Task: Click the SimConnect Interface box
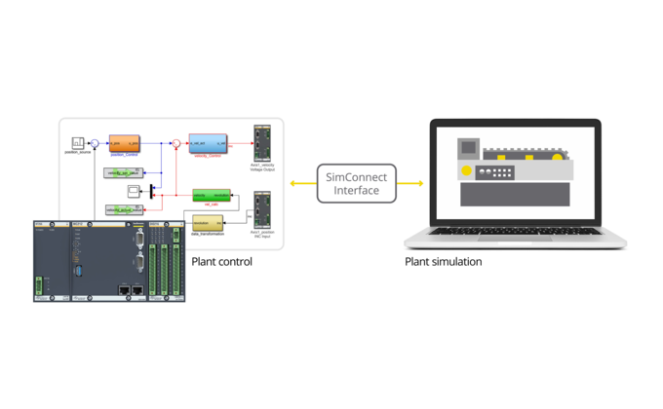[357, 183]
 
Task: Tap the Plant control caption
[221, 262]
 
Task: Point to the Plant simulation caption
[443, 262]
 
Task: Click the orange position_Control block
[126, 143]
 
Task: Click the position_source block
[78, 143]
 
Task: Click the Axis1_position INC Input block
[262, 208]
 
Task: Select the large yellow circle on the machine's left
[467, 171]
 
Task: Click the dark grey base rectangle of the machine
[515, 194]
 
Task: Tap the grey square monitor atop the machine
[469, 148]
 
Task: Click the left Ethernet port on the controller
[124, 289]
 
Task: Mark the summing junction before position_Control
[95, 143]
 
